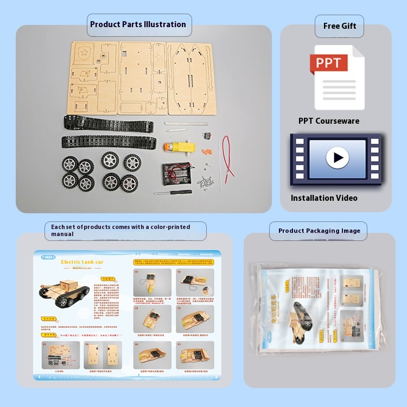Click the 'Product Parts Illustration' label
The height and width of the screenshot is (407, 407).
pos(138,24)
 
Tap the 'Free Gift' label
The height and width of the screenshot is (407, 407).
pos(339,26)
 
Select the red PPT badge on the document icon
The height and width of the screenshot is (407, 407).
pos(329,63)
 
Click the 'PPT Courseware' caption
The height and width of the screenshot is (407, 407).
pos(328,121)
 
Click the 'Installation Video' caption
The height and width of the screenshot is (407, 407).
pos(324,198)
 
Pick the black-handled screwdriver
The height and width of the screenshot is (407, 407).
pos(172,192)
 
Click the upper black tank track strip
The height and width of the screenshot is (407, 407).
pos(107,124)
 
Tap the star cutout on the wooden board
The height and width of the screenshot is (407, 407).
pos(84,53)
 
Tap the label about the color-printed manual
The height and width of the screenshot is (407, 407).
pos(125,231)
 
